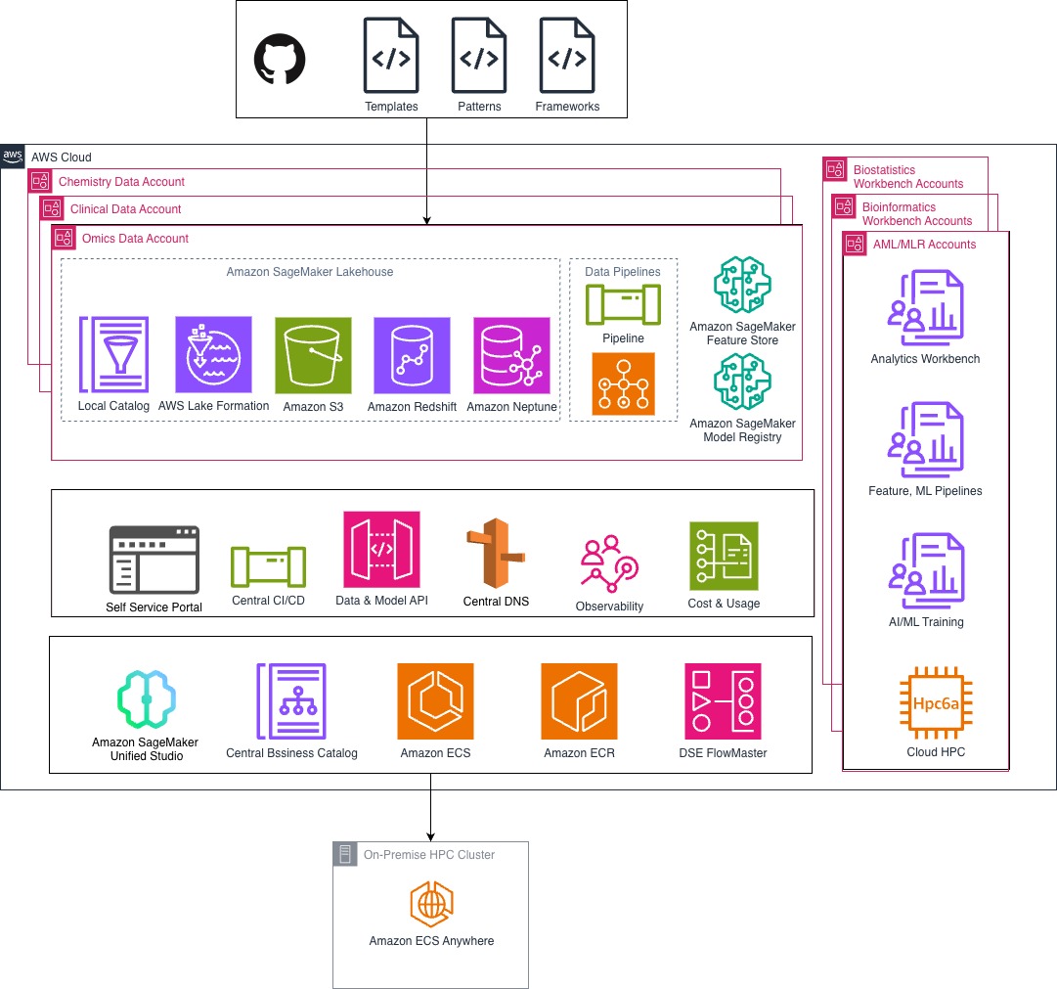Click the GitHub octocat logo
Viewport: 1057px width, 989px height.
tap(280, 60)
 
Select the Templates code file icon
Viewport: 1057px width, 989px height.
tap(391, 57)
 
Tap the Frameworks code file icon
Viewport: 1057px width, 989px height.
tap(567, 57)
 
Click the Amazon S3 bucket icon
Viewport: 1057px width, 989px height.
tap(313, 355)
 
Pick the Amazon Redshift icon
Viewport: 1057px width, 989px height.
tap(412, 355)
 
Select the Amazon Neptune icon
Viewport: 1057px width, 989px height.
tap(511, 355)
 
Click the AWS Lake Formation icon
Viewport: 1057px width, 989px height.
tap(213, 354)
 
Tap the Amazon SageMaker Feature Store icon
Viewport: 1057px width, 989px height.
tap(742, 285)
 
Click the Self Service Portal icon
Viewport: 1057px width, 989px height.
tap(154, 560)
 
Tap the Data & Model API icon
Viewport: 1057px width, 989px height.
tap(381, 549)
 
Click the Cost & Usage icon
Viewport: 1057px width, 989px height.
tap(724, 556)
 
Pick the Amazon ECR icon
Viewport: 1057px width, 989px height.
tap(579, 701)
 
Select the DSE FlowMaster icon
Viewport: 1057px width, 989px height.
tap(723, 701)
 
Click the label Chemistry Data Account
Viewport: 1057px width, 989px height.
tap(121, 182)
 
